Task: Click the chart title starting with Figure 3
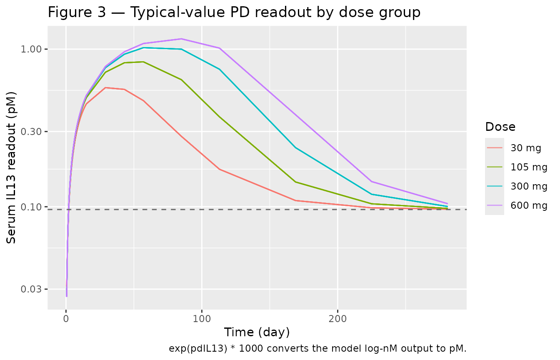pyautogui.click(x=234, y=12)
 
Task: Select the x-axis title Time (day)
pyautogui.click(x=257, y=332)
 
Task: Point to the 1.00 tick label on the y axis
pyautogui.click(x=34, y=49)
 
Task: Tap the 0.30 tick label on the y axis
pyautogui.click(x=34, y=132)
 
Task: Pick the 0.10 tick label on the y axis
pyautogui.click(x=34, y=207)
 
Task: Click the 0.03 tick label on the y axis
pyautogui.click(x=34, y=289)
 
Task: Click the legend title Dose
pyautogui.click(x=500, y=127)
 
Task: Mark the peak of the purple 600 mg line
pyautogui.click(x=181, y=39)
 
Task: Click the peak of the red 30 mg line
pyautogui.click(x=106, y=87)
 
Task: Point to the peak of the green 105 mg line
pyautogui.click(x=143, y=62)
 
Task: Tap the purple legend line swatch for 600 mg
pyautogui.click(x=495, y=205)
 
